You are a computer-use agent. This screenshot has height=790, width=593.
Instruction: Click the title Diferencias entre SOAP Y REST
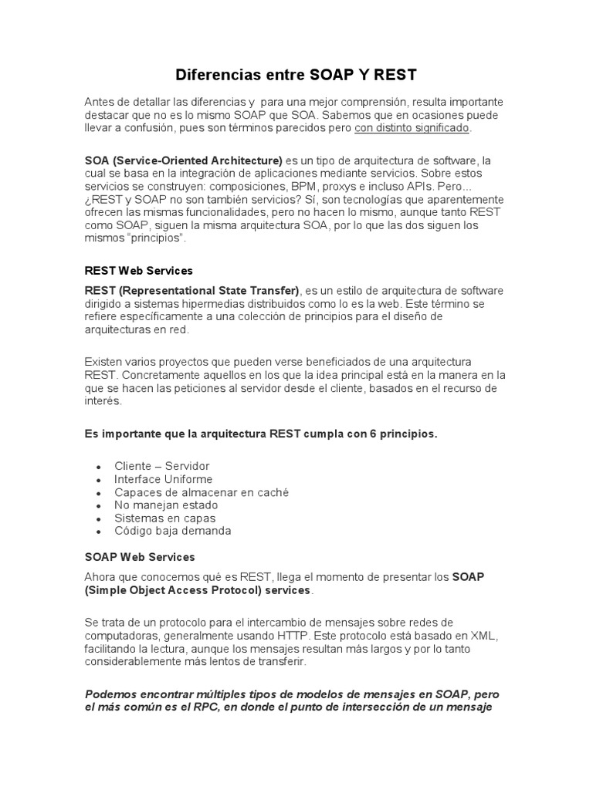296,75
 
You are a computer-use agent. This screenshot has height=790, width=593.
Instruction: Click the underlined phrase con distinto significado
412,128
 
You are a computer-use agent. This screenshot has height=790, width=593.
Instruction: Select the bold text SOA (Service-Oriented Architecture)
184,160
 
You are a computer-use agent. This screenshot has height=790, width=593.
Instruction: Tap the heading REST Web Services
138,271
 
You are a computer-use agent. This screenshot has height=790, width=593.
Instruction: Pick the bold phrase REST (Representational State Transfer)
191,291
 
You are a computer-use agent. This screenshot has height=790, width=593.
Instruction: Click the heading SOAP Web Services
140,556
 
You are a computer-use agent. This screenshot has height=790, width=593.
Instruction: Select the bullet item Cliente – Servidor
161,466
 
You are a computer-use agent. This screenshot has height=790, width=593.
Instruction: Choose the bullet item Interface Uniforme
163,479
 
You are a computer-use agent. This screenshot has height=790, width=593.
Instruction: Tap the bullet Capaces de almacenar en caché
202,492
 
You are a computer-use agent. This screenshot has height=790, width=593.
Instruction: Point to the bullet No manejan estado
166,505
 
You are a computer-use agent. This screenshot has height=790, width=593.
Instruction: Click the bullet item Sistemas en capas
165,518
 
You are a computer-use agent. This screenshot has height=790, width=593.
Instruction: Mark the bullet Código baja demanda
173,531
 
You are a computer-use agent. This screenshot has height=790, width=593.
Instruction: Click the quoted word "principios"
158,239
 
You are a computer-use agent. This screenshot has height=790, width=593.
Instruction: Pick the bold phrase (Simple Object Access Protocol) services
197,590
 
